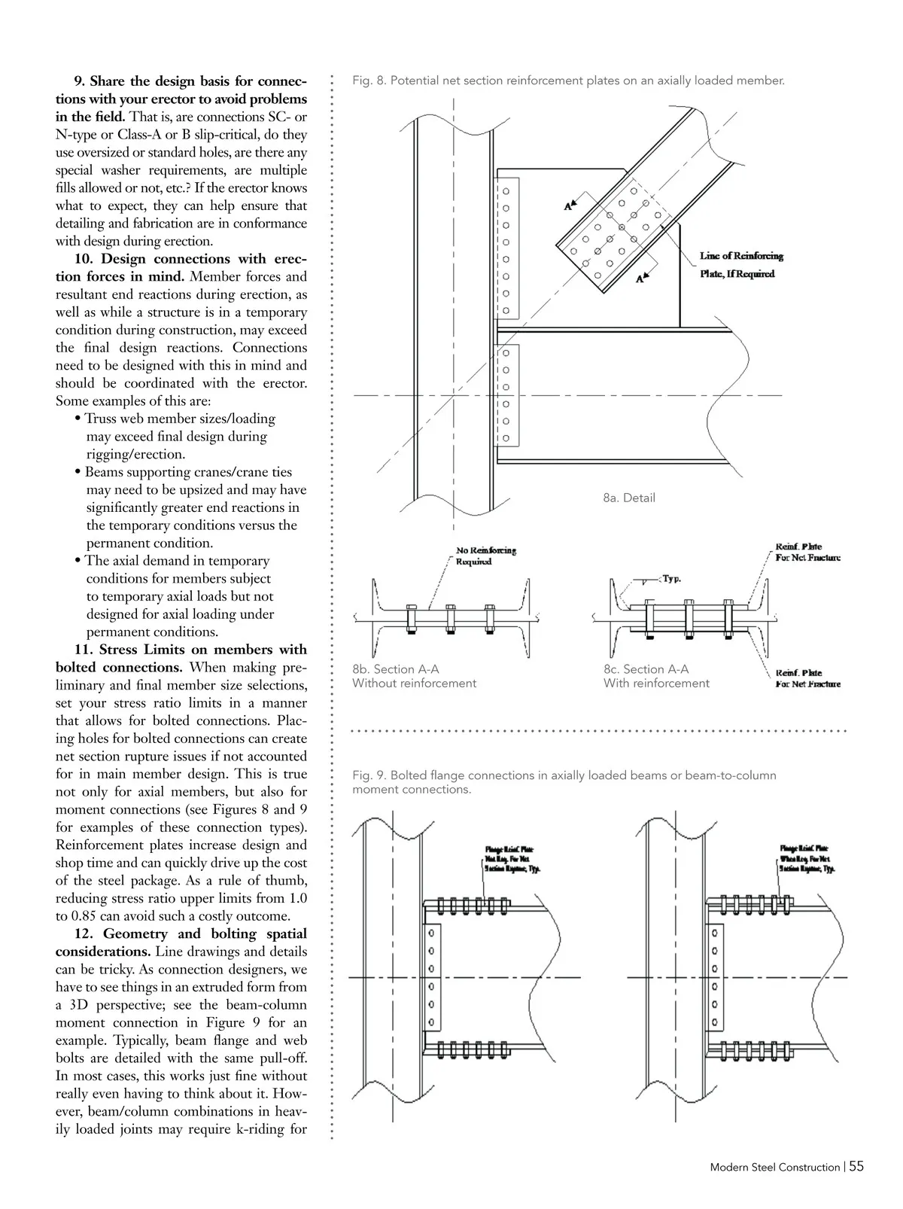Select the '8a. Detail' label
click(628, 498)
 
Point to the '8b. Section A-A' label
click(395, 669)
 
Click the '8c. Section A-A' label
click(646, 669)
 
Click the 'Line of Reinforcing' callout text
click(741, 256)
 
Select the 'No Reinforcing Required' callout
click(486, 556)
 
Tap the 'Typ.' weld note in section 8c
click(671, 579)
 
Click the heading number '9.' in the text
click(79, 81)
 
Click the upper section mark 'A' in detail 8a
click(568, 205)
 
